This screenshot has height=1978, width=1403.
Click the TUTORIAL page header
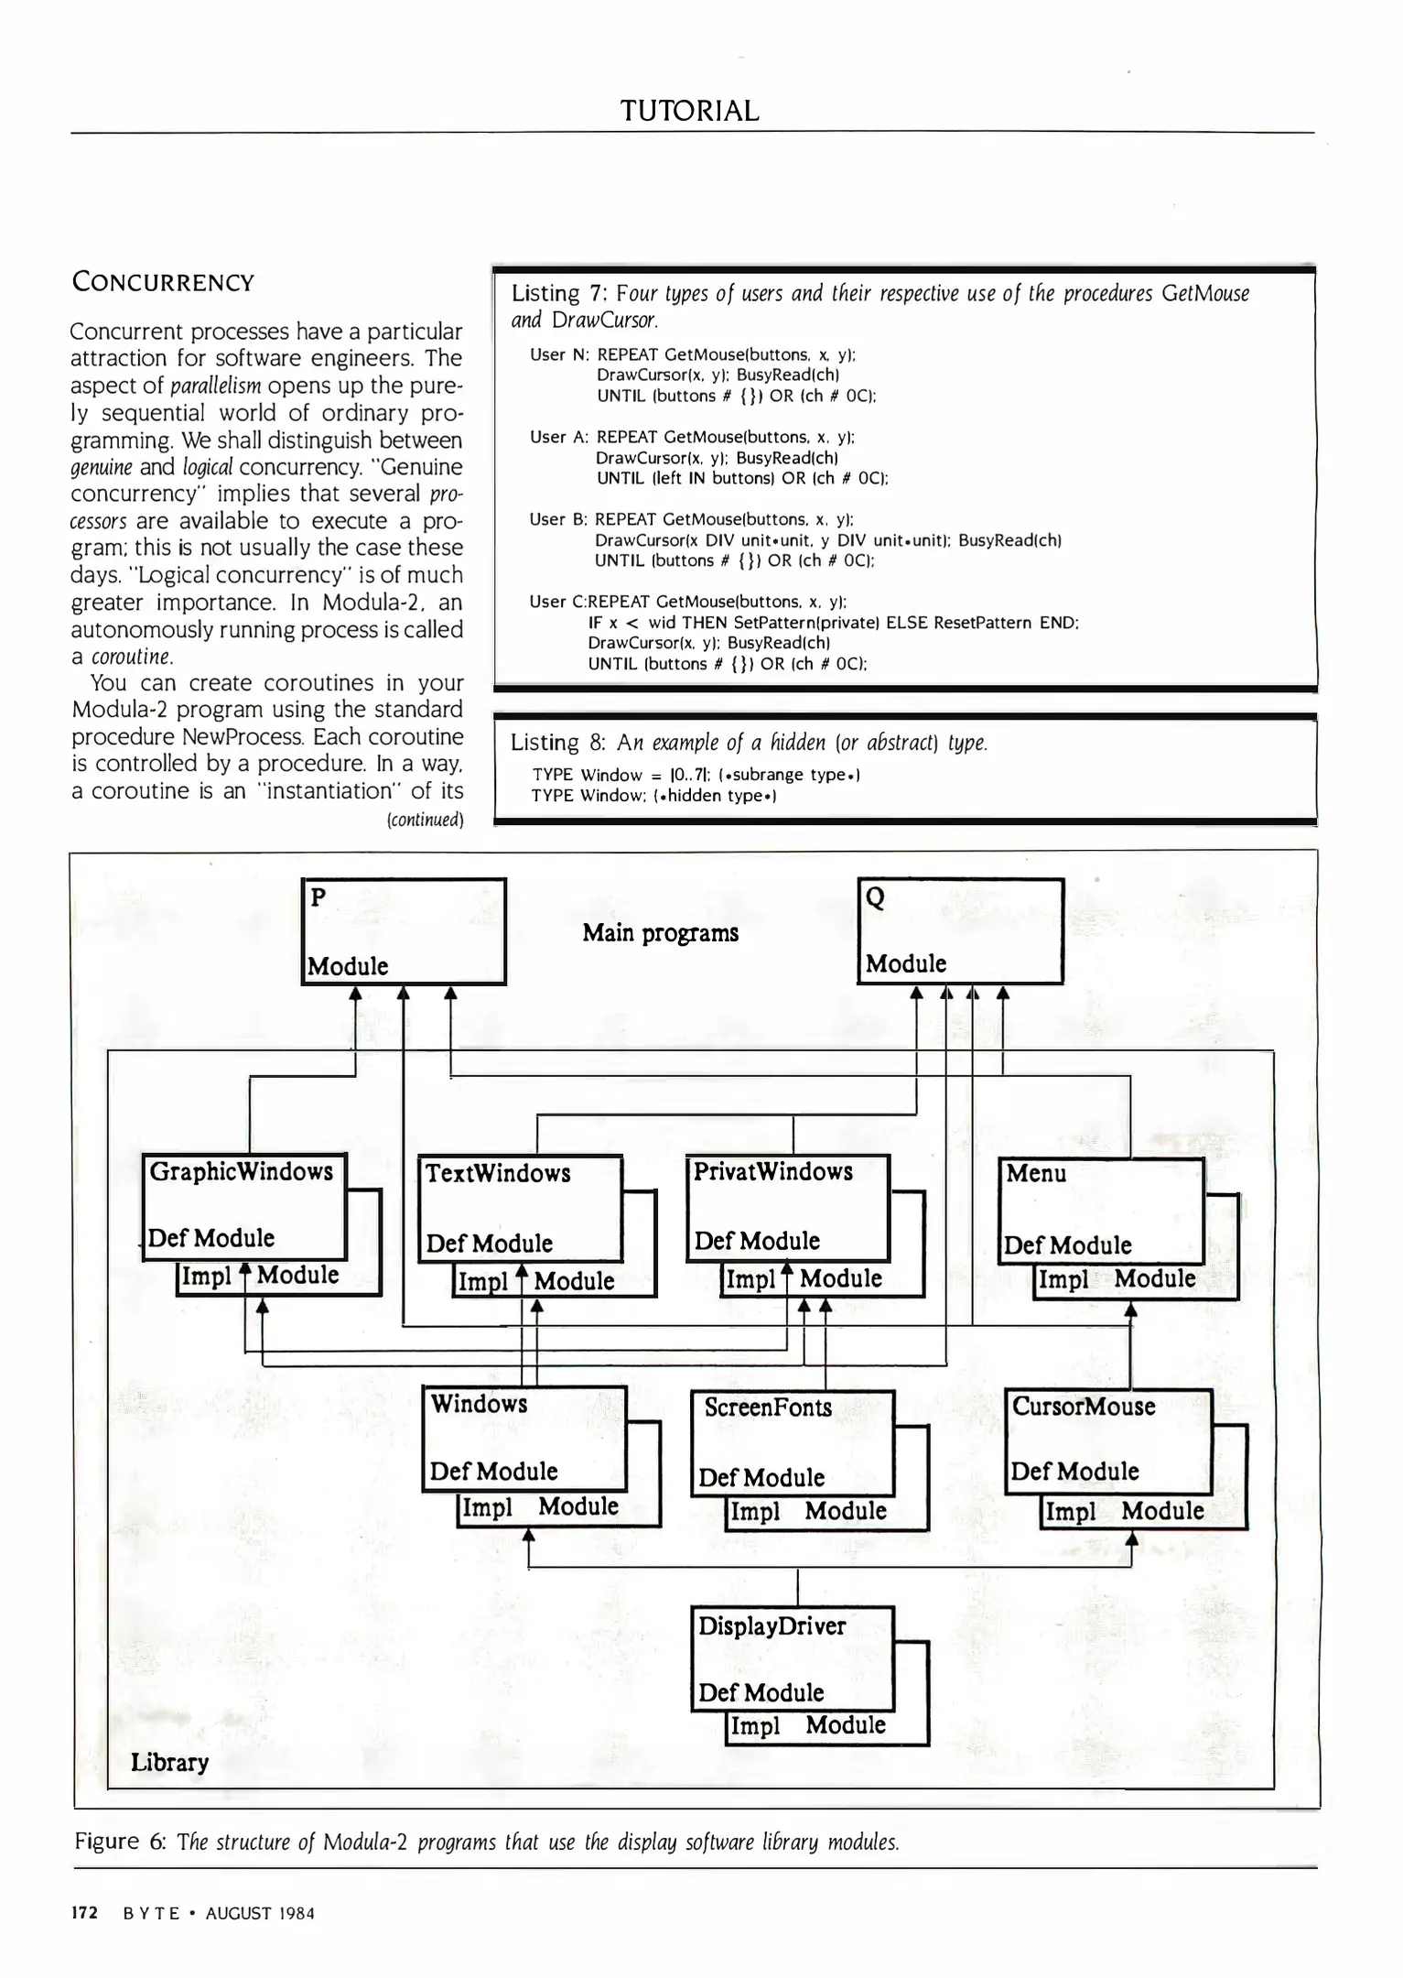(x=690, y=111)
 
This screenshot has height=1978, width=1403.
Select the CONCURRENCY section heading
(x=163, y=282)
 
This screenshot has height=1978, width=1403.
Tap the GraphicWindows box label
(x=242, y=1171)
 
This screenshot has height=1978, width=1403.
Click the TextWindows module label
(x=498, y=1173)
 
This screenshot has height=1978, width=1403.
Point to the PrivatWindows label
(x=772, y=1171)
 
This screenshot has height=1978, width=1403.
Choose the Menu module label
(x=1036, y=1173)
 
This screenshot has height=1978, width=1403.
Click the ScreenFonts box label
(x=768, y=1407)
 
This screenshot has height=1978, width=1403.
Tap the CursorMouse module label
(x=1084, y=1407)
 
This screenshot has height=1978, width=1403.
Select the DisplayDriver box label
(x=772, y=1625)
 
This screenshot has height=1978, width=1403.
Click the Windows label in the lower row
(x=479, y=1404)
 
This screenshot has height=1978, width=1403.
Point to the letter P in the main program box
(x=318, y=897)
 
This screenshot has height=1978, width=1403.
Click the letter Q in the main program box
(x=875, y=897)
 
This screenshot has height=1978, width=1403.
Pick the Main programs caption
(x=660, y=933)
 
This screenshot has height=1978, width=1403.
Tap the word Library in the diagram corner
(x=169, y=1762)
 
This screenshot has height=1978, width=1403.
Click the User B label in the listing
(x=556, y=519)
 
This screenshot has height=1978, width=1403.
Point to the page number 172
(x=85, y=1912)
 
